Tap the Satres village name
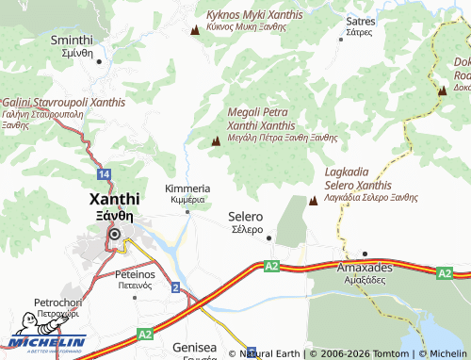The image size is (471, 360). [360, 25]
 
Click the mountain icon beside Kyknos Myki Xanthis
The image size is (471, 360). [195, 30]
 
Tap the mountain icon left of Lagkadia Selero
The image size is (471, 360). [313, 200]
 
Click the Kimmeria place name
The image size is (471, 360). [187, 194]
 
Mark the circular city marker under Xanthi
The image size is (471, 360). [115, 235]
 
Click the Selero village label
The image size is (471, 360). [246, 222]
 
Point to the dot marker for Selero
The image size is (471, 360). [268, 237]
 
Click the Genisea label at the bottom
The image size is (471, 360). [195, 350]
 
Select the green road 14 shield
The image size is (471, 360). [104, 174]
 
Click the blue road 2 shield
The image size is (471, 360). [175, 286]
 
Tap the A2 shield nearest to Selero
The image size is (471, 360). [271, 267]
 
